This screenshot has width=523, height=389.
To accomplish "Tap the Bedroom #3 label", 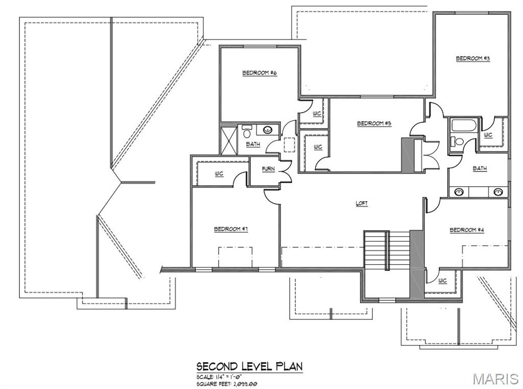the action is click(473, 58).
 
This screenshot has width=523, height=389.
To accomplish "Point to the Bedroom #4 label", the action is click(467, 230).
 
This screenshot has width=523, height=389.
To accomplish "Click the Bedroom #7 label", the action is click(231, 229).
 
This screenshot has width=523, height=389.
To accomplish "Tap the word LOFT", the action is click(362, 203).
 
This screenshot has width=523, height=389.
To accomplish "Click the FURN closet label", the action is click(268, 169).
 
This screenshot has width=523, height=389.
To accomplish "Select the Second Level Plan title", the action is click(249, 366).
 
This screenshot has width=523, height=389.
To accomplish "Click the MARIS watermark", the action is click(496, 379).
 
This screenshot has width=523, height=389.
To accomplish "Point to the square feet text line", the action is click(227, 384).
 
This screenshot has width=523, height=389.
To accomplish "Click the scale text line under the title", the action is click(219, 377).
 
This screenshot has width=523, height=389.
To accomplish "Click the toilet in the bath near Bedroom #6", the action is click(247, 132).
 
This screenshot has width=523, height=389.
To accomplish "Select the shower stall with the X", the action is click(229, 140).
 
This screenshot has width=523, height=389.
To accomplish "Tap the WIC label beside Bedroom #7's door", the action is click(219, 174).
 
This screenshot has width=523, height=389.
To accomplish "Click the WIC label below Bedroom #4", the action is click(442, 280).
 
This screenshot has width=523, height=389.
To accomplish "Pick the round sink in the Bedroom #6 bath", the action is click(267, 129).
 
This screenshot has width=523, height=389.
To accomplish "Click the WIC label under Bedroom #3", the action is click(488, 135).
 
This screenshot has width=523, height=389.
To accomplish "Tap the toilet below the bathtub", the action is click(456, 141).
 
